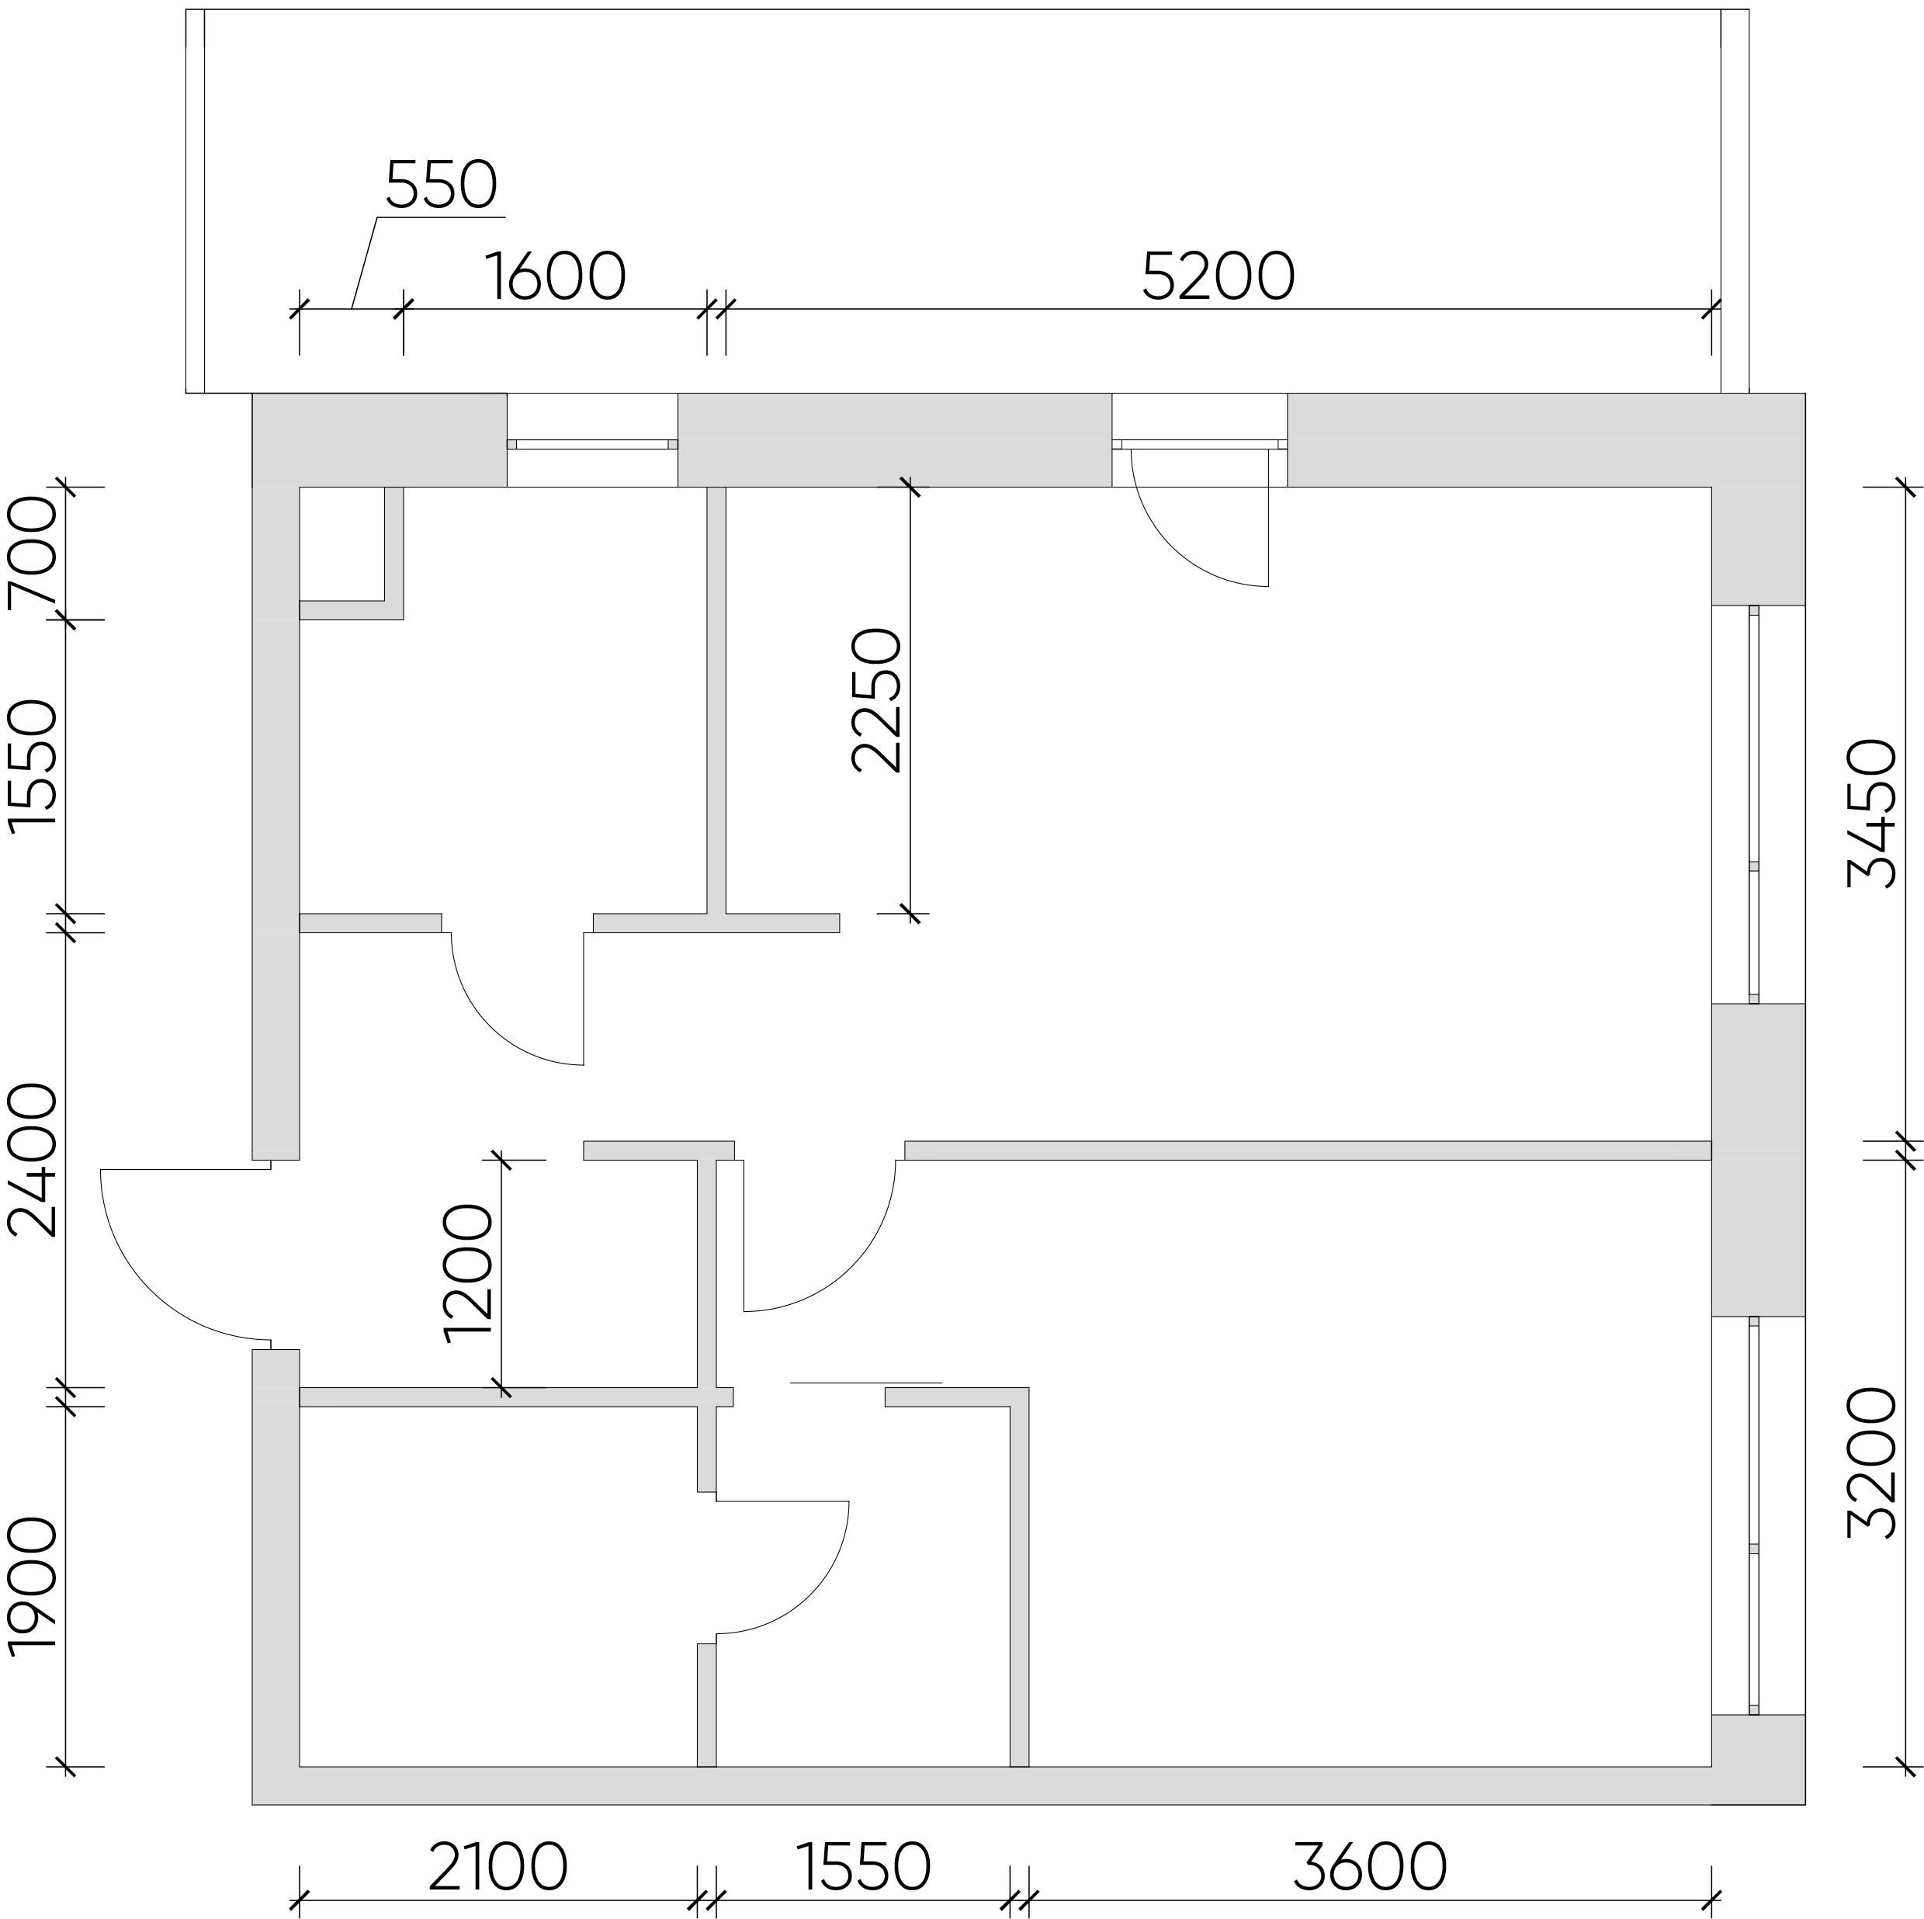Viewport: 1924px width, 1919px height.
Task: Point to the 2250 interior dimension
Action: [x=876, y=700]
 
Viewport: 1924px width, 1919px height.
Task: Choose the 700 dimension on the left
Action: [x=32, y=553]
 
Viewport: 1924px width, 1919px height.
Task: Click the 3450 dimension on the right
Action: [x=1871, y=814]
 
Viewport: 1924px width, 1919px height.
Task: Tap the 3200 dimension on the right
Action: [x=1871, y=1464]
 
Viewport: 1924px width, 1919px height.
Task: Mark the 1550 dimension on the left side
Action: [x=32, y=765]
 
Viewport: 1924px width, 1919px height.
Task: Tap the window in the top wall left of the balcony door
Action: [x=592, y=444]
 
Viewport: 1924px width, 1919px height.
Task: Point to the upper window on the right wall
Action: [x=1754, y=805]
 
